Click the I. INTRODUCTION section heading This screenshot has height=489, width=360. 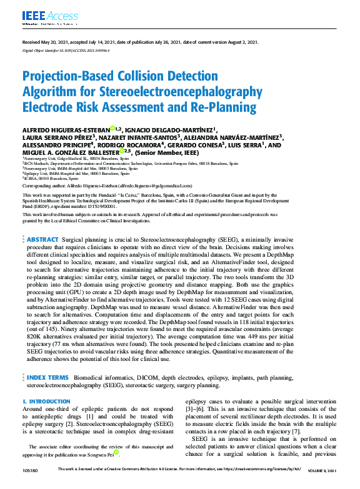click(46, 402)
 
